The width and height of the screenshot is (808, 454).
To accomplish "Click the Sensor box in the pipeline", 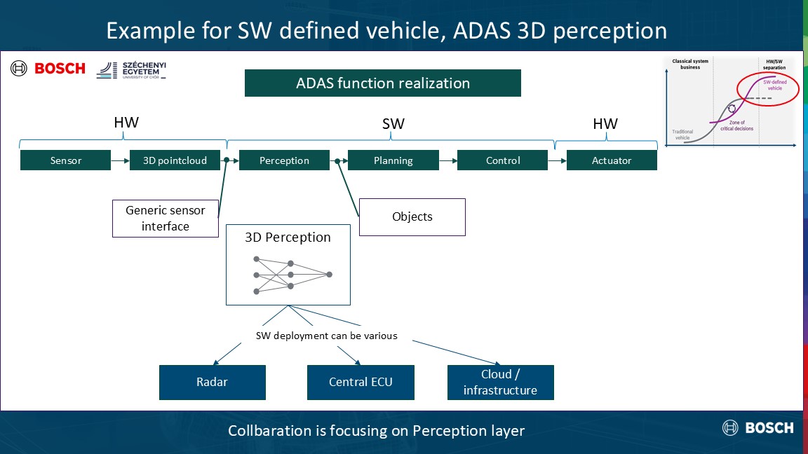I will pyautogui.click(x=65, y=160).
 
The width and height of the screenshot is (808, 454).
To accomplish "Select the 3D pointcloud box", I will pyautogui.click(x=175, y=160).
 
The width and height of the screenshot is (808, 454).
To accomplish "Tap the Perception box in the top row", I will pyautogui.click(x=284, y=160).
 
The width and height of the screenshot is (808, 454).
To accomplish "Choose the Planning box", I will pyautogui.click(x=393, y=160).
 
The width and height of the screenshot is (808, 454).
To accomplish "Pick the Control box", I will pyautogui.click(x=502, y=160).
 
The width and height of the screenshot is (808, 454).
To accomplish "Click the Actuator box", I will pyautogui.click(x=612, y=160).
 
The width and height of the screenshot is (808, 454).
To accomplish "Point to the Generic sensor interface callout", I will pyautogui.click(x=166, y=218).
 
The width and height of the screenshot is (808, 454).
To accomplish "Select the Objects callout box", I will pyautogui.click(x=412, y=216).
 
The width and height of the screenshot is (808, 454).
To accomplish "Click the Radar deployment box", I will pyautogui.click(x=213, y=383).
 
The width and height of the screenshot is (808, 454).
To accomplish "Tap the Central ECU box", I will pyautogui.click(x=361, y=383).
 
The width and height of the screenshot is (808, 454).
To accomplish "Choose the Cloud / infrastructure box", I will pyautogui.click(x=500, y=383).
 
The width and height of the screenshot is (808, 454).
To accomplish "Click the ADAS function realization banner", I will pyautogui.click(x=383, y=83).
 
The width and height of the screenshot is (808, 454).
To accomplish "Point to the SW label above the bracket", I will pyautogui.click(x=393, y=124).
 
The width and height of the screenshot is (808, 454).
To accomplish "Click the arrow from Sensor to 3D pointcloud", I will pyautogui.click(x=120, y=160).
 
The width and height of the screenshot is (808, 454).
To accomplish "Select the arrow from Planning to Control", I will pyautogui.click(x=447, y=160).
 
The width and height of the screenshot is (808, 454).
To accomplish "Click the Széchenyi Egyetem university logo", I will pyautogui.click(x=132, y=69).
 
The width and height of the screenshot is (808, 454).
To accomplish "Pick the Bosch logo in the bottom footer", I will pyautogui.click(x=758, y=427).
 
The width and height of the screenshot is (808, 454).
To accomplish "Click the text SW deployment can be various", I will pyautogui.click(x=327, y=336).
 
